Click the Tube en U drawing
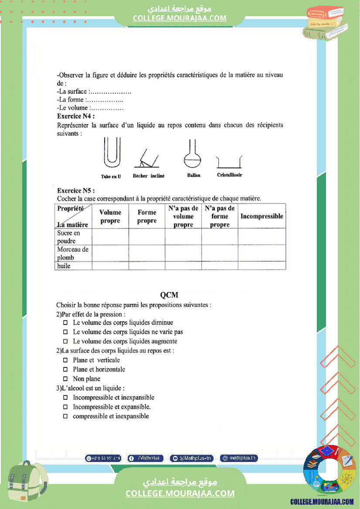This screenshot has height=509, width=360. [111, 153]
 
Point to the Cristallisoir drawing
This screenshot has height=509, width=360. [229, 162]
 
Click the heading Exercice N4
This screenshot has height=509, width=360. [76, 116]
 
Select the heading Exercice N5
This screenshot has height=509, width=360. [76, 191]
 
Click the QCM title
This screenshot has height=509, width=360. [169, 295]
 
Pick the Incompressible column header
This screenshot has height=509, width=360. [262, 216]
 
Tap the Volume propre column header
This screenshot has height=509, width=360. [110, 216]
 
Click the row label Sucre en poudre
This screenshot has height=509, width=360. [69, 237]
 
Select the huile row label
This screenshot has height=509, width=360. [64, 266]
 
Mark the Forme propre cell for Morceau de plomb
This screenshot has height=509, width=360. [146, 253]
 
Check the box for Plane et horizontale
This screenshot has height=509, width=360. [65, 370]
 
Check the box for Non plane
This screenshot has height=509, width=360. [65, 379]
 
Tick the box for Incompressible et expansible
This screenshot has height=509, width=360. [65, 407]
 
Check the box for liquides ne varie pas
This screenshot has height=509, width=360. [65, 332]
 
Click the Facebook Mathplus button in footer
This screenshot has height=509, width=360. [146, 458]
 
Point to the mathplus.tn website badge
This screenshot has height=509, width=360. [239, 458]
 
